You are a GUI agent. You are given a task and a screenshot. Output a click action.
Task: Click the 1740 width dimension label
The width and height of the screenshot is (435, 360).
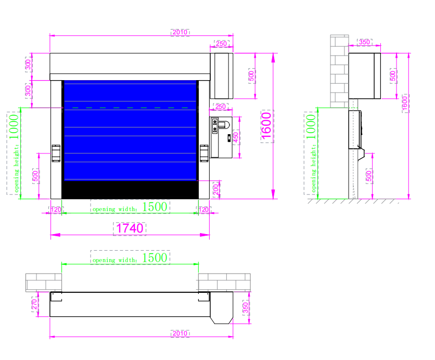click(x=130, y=228)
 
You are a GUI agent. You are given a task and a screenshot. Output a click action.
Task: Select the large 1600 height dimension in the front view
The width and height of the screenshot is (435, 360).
click(x=267, y=126)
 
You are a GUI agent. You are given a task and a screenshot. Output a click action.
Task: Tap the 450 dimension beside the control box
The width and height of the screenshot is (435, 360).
click(x=236, y=137)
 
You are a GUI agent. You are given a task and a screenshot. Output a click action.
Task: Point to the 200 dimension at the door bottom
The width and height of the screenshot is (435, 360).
click(x=216, y=190)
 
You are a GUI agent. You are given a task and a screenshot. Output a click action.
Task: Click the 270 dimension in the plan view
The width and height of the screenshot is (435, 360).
click(x=34, y=304)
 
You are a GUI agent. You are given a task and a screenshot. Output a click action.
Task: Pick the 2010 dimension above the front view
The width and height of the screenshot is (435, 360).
click(x=180, y=32)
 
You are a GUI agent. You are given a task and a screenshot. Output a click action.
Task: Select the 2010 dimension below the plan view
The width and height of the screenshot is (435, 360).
click(x=180, y=333)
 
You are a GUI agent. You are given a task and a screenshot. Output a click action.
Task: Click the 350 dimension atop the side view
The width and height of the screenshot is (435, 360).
click(x=365, y=42)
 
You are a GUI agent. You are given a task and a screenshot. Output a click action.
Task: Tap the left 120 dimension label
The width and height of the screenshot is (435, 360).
click(x=56, y=210)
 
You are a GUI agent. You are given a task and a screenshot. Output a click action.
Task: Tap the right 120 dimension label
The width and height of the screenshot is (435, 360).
click(x=203, y=210)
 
